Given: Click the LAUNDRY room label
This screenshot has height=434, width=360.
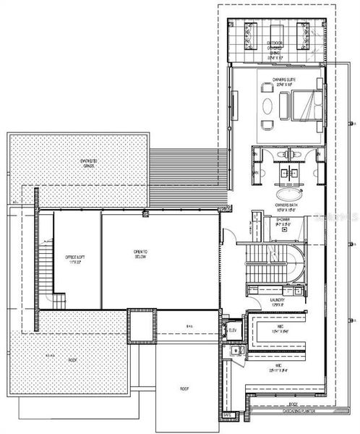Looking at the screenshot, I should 277,299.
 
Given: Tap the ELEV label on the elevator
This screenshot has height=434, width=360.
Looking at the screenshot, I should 233,331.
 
